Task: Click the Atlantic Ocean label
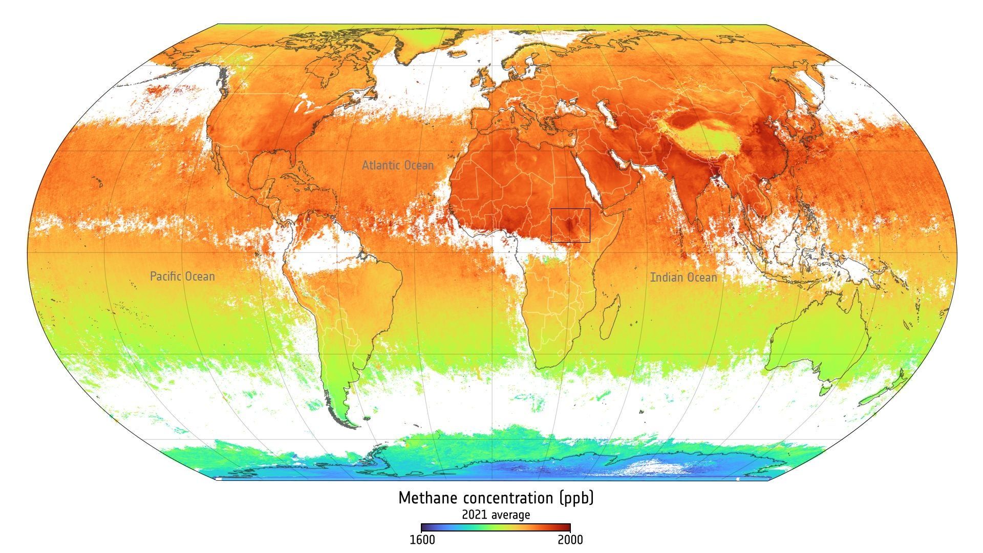point(397,165)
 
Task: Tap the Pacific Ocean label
point(182,276)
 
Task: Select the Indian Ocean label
point(683,278)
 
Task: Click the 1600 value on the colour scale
point(422,540)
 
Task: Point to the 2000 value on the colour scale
point(570,540)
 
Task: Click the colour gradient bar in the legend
point(496,528)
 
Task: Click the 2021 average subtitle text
point(496,514)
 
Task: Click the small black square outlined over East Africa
point(570,225)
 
